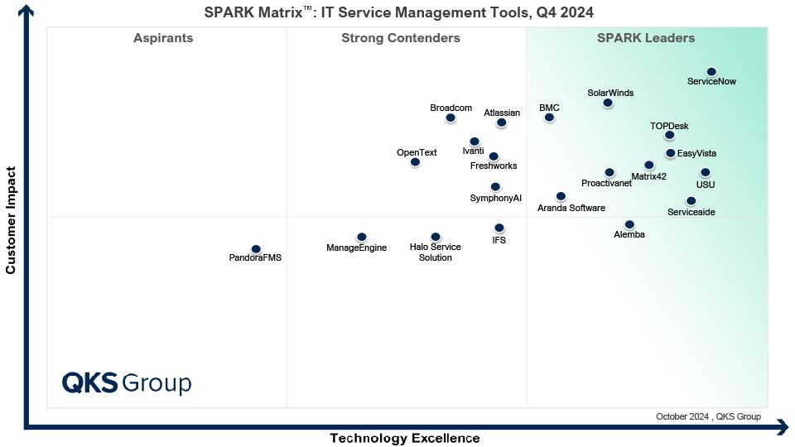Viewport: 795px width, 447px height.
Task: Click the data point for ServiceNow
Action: (x=711, y=72)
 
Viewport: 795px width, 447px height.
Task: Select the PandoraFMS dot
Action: (x=256, y=249)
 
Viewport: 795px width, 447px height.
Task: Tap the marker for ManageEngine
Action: (x=361, y=237)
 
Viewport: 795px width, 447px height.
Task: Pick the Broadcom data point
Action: (x=450, y=118)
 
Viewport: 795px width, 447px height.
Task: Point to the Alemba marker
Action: (x=629, y=224)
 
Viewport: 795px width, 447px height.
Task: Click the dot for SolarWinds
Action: (x=608, y=103)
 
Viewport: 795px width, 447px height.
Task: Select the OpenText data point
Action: (x=415, y=162)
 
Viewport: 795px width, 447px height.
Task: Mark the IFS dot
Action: (x=499, y=228)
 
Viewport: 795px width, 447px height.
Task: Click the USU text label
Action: (x=705, y=185)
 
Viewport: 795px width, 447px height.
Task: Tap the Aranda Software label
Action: (x=571, y=208)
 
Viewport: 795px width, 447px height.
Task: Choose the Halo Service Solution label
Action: (x=435, y=252)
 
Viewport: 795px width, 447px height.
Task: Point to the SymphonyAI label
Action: (x=495, y=199)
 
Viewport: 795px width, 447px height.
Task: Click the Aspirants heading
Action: (x=163, y=38)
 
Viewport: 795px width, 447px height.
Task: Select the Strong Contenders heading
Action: (x=400, y=38)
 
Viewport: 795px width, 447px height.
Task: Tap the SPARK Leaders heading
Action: (x=646, y=38)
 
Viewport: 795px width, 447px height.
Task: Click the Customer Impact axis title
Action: (x=11, y=220)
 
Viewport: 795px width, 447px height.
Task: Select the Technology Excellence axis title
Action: (x=404, y=438)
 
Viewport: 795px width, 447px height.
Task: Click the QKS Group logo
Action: (x=127, y=383)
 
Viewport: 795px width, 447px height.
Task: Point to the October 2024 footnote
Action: (x=707, y=416)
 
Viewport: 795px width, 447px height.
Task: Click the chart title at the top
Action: (x=398, y=12)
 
